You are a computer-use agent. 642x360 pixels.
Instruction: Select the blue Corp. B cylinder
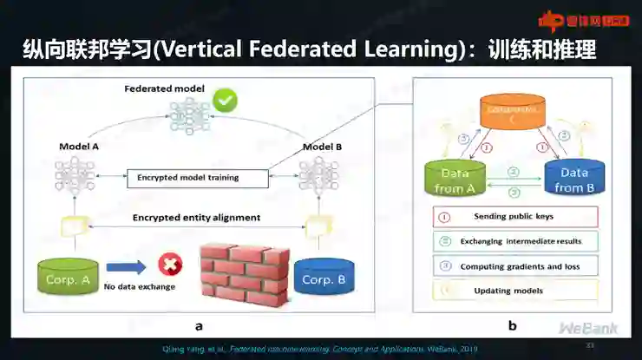[324, 278]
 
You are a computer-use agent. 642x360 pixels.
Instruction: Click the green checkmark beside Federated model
[226, 101]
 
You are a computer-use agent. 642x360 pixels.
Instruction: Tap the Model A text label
[78, 147]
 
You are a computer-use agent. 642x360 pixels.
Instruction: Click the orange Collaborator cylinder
[514, 112]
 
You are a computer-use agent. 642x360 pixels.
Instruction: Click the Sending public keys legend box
[514, 216]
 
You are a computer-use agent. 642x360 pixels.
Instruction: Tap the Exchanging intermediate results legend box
[514, 241]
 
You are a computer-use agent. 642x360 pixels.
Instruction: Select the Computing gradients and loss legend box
[514, 266]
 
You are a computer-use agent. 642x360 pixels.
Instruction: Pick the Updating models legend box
[514, 291]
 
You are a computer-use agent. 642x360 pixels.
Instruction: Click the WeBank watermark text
[588, 329]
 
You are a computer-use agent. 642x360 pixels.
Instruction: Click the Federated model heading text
[165, 88]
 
